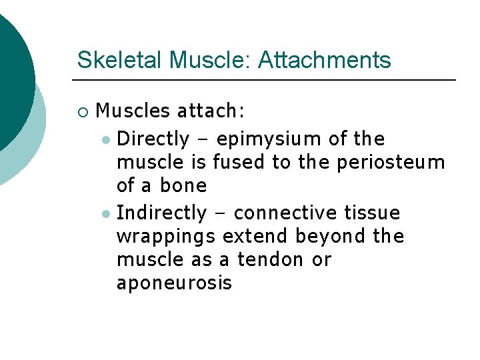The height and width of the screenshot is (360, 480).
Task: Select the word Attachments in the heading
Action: coord(324,60)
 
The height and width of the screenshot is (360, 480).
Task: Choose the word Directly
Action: coord(153,139)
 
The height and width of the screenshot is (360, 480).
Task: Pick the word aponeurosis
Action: coord(174,283)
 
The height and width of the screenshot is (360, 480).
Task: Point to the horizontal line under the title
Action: coord(267,80)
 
